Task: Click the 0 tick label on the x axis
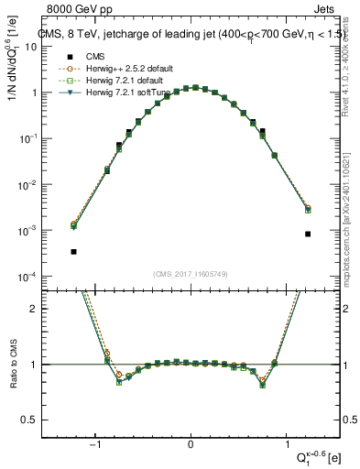pos(191,445)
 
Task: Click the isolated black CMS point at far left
pos(73,251)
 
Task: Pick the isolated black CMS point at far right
pos(308,234)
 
